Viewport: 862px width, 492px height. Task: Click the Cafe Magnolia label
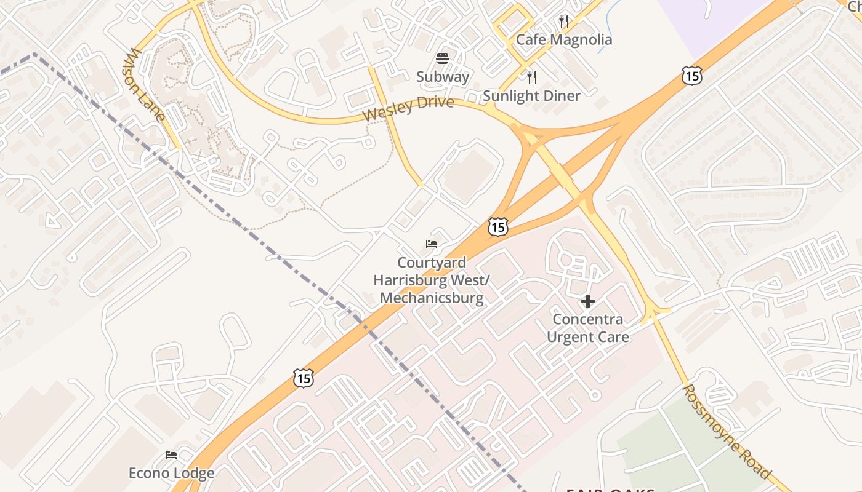[564, 40]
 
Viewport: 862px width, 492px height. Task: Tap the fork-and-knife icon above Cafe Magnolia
[564, 22]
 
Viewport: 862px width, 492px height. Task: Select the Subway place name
[443, 77]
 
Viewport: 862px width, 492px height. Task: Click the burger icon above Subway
[443, 58]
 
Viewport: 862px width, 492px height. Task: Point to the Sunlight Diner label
[531, 96]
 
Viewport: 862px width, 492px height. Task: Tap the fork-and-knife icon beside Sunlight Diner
[532, 77]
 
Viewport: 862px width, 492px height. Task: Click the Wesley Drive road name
[408, 109]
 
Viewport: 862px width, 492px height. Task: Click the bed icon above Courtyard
[432, 244]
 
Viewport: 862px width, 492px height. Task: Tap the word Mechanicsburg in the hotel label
[432, 299]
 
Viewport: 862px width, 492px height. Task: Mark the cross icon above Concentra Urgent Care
[588, 301]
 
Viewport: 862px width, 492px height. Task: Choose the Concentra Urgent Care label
[588, 328]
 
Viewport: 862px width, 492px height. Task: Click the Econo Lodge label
[171, 473]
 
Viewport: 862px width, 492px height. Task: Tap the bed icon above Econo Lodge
[171, 455]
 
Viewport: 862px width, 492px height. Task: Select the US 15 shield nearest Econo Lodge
[303, 378]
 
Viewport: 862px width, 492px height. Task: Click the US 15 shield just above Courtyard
[497, 227]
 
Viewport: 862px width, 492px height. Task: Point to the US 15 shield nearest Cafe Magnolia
[692, 76]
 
